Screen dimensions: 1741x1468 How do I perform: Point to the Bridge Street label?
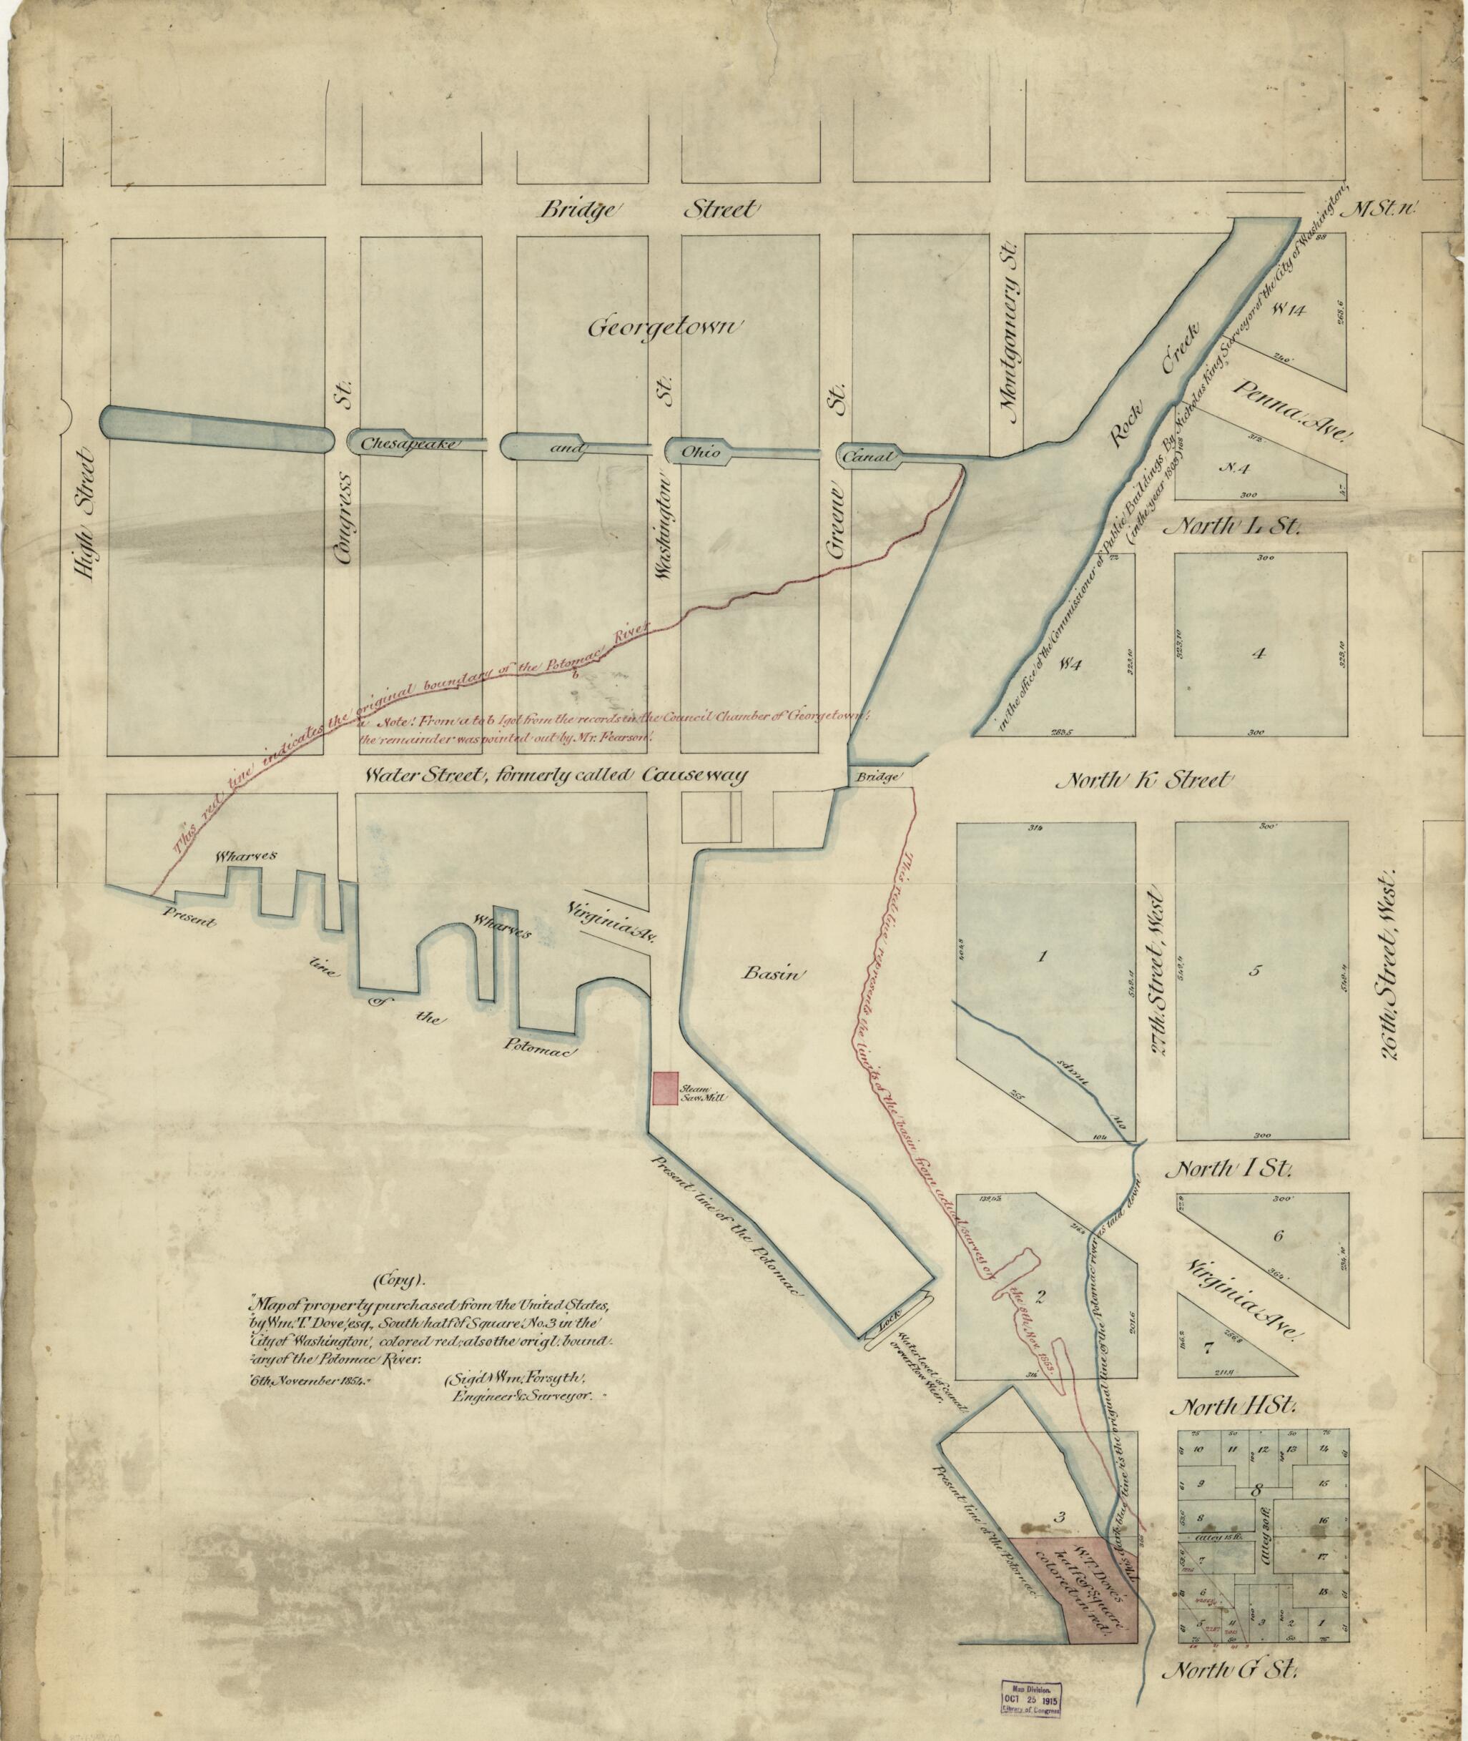tap(650, 209)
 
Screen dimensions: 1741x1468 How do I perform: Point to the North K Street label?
tap(1142, 781)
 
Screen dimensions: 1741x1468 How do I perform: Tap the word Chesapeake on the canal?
tap(408, 443)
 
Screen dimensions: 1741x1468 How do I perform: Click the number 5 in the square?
tap(1256, 970)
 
